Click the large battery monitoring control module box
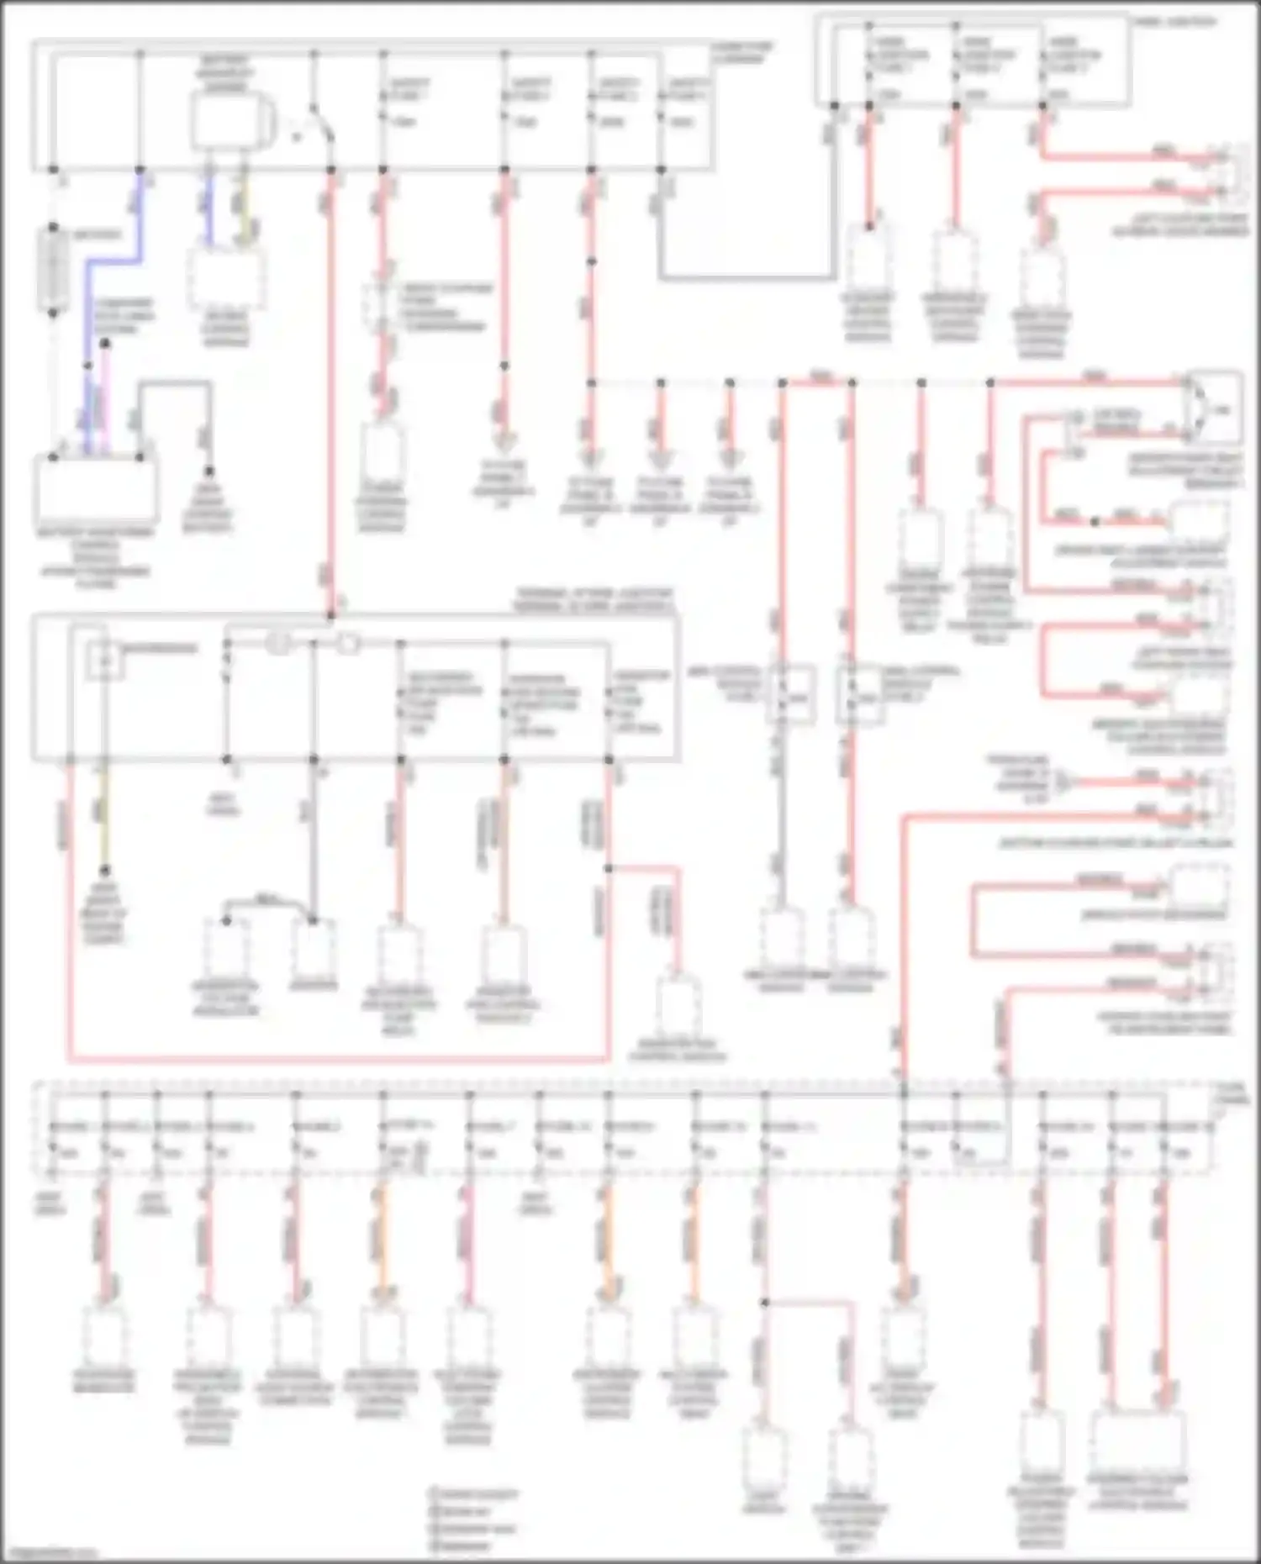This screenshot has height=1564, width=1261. [x=95, y=488]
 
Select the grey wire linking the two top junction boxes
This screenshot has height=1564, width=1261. [x=748, y=276]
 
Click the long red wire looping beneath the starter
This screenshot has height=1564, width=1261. [x=336, y=1058]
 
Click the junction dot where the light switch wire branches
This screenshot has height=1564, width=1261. [x=764, y=1303]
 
